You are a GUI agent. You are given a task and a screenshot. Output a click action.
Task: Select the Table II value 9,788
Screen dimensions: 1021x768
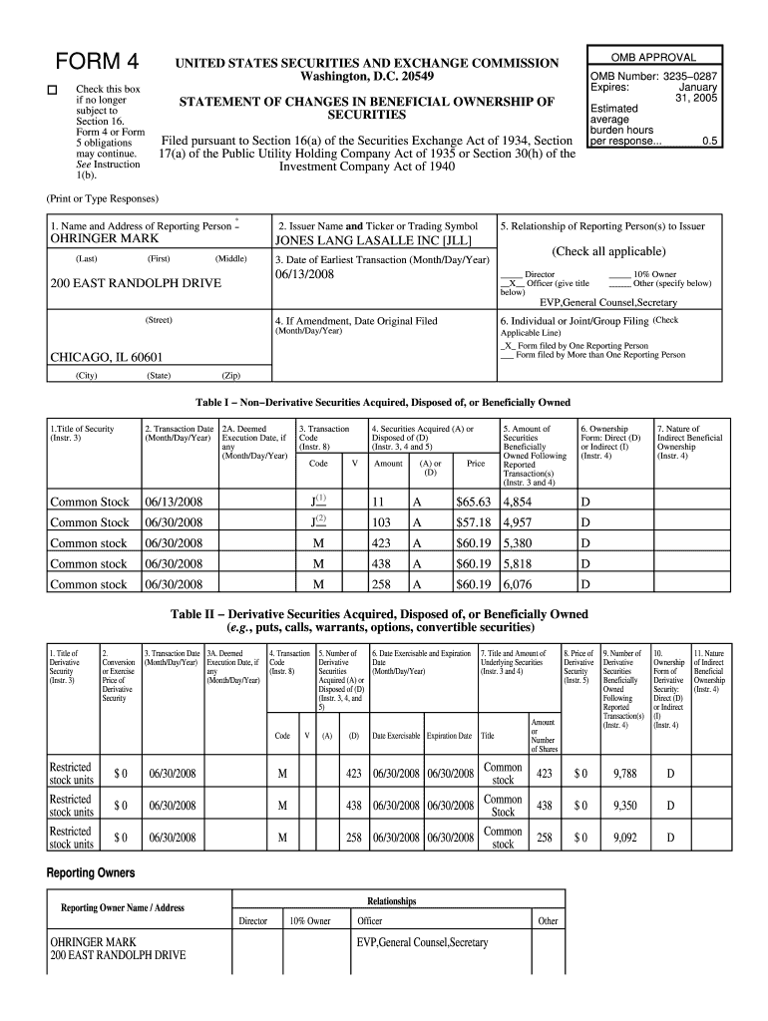click(x=625, y=773)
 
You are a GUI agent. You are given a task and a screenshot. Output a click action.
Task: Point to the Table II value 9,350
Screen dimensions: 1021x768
click(x=625, y=806)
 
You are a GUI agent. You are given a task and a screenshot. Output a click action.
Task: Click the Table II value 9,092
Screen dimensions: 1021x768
click(x=625, y=838)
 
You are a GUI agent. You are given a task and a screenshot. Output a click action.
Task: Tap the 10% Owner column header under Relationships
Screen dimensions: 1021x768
click(x=309, y=921)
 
